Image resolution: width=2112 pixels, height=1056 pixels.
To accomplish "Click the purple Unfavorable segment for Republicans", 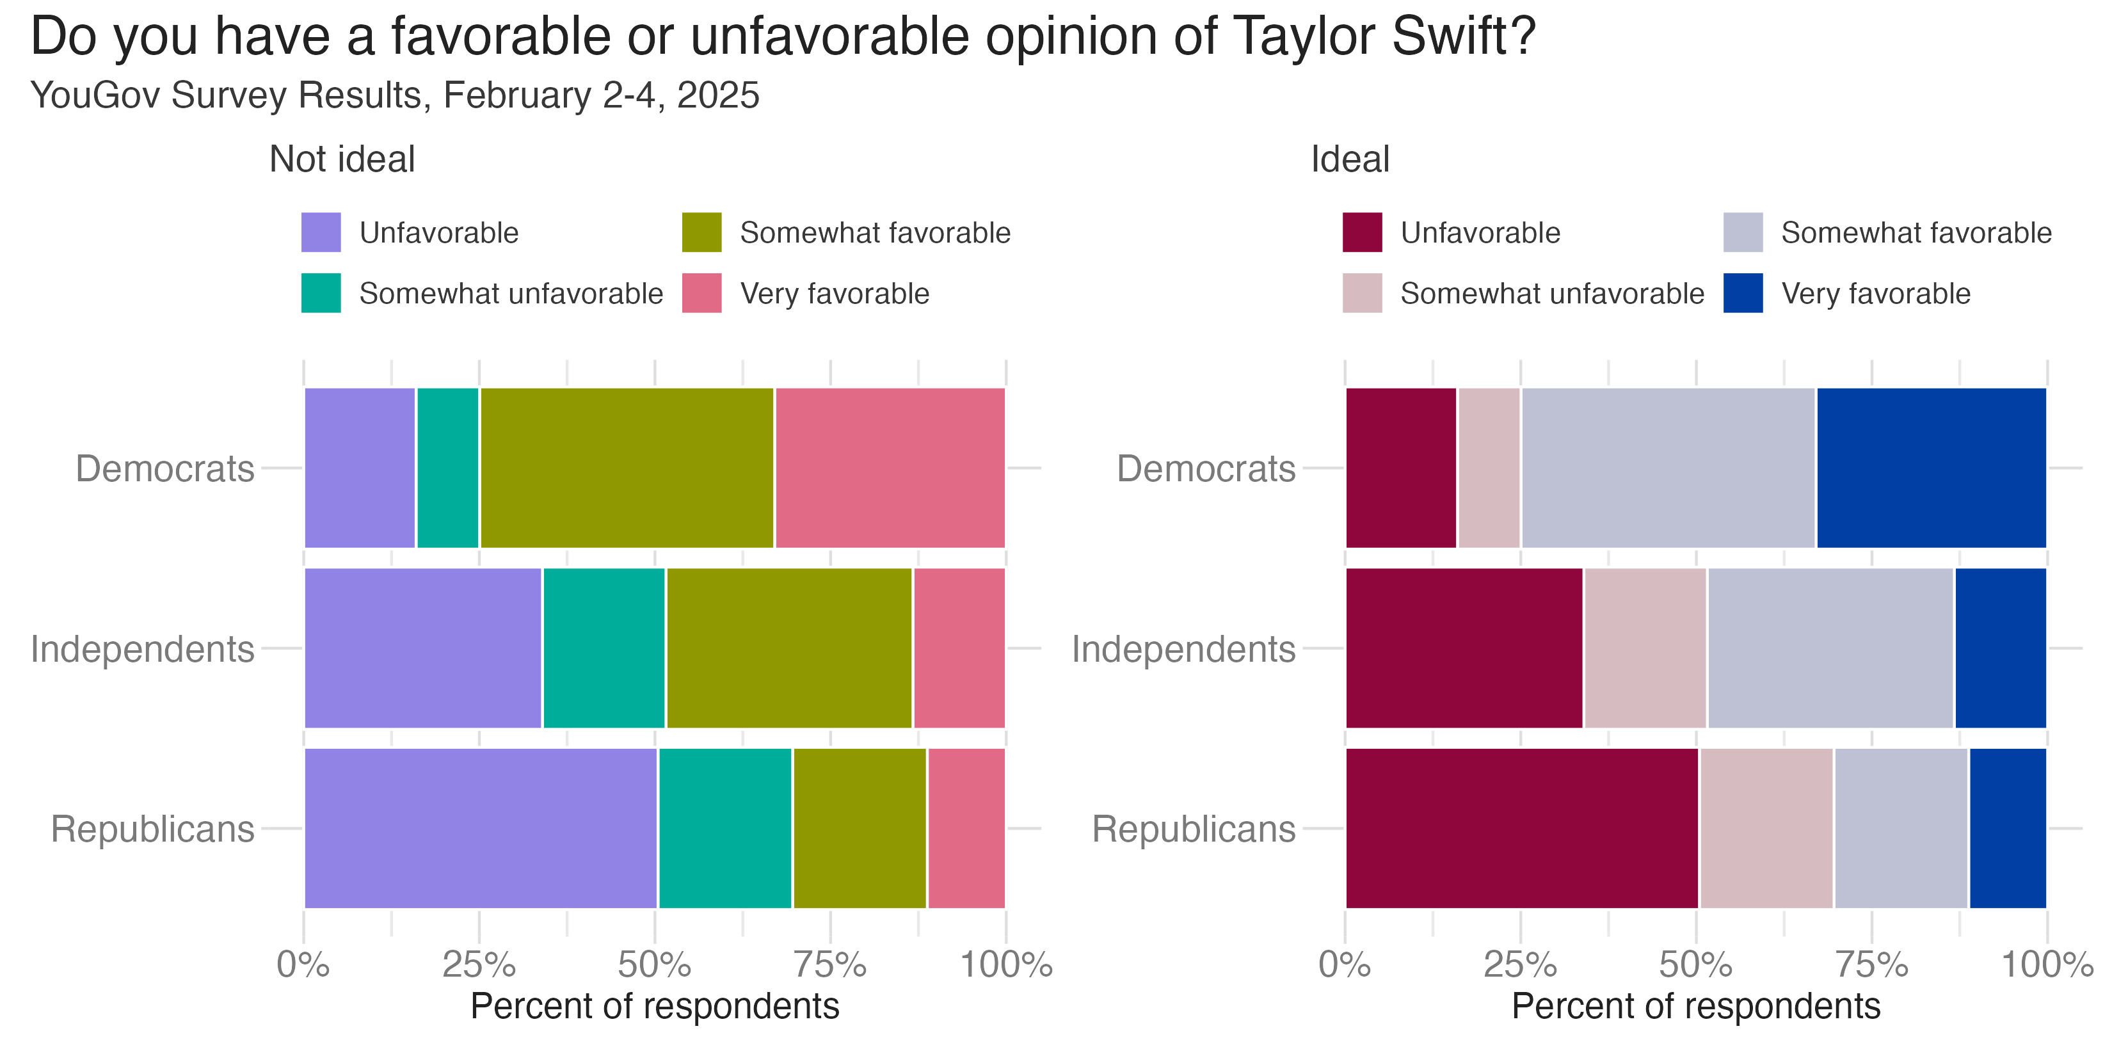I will [x=481, y=828].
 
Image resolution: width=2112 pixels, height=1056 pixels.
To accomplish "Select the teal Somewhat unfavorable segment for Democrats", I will [x=447, y=467].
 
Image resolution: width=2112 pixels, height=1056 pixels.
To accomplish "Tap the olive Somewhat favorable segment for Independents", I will [x=788, y=648].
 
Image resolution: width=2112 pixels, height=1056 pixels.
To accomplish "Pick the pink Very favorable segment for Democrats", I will [x=890, y=467].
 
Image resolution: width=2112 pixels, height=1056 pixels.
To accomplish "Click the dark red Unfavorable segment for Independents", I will [x=1464, y=648].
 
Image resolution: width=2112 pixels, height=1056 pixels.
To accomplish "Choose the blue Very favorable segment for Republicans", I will [x=2008, y=828].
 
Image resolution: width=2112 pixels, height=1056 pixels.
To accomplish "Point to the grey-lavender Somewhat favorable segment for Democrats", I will [x=1668, y=467].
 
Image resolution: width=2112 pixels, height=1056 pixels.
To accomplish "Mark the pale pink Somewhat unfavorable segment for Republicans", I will [x=1767, y=828].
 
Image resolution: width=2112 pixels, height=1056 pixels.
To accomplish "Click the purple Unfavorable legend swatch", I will [x=321, y=232].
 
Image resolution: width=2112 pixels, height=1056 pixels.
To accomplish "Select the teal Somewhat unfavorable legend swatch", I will [x=321, y=292].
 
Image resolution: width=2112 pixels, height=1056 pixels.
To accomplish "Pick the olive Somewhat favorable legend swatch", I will [x=702, y=232].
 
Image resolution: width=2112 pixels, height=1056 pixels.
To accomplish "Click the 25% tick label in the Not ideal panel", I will [x=479, y=965].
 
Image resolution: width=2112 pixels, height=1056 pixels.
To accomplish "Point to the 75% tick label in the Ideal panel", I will [x=1872, y=965].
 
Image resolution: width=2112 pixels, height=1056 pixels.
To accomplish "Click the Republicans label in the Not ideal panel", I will [x=152, y=829].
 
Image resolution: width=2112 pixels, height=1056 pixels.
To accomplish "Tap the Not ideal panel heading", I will [x=342, y=159].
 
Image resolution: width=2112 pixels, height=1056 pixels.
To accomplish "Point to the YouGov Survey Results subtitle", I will [x=394, y=95].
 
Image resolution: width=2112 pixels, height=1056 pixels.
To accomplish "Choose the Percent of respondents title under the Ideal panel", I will [x=1695, y=1006].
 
